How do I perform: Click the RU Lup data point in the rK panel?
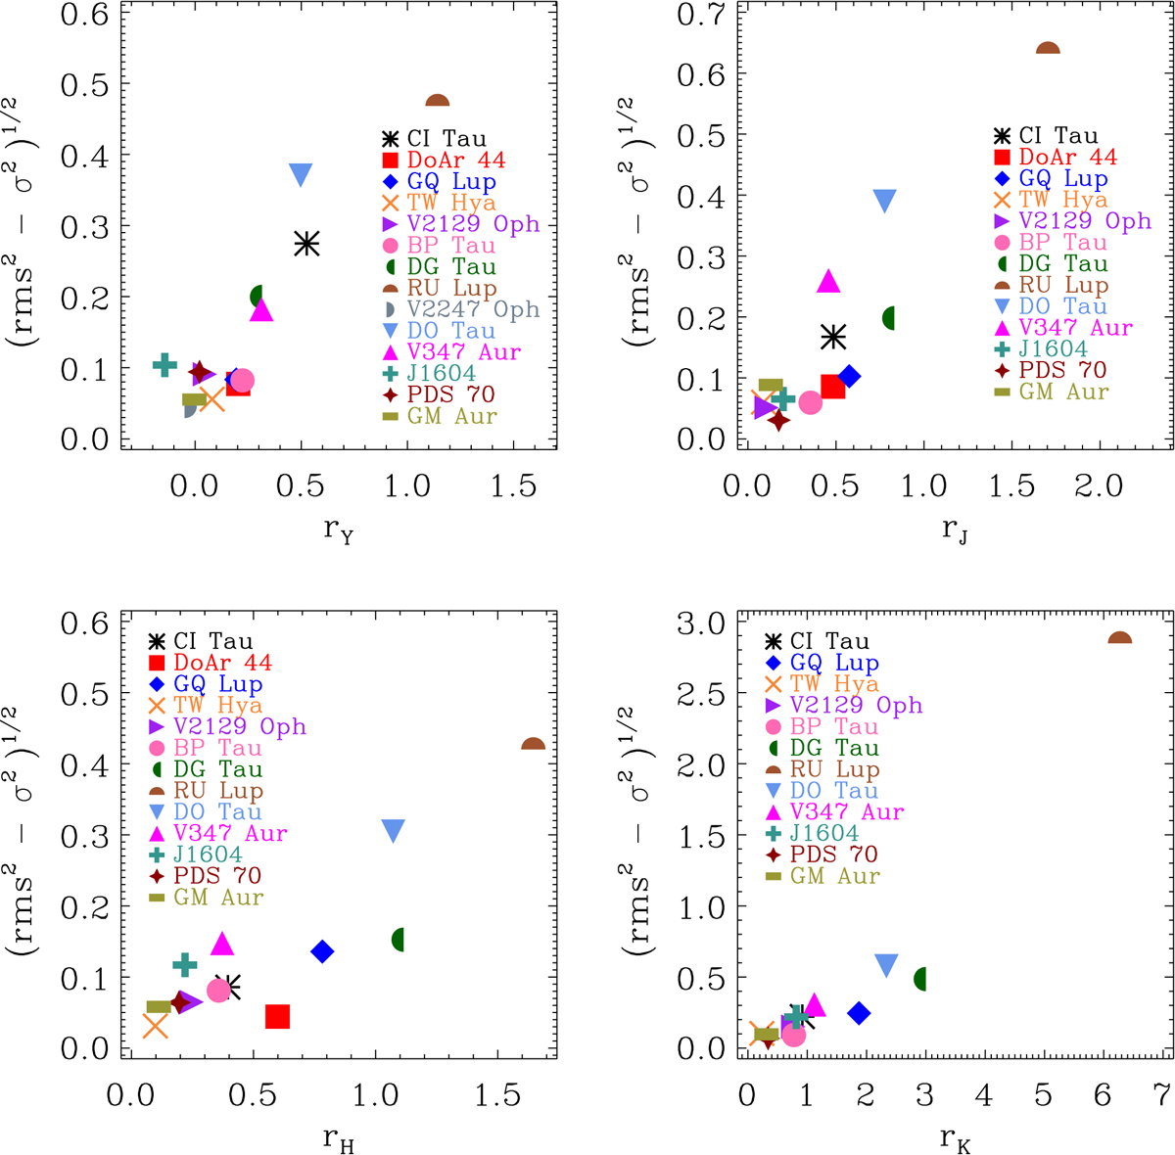[1119, 639]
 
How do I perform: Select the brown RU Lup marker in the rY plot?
[437, 102]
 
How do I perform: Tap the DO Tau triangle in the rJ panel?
[884, 201]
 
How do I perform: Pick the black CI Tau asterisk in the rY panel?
[307, 245]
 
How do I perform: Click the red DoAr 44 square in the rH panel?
[277, 1017]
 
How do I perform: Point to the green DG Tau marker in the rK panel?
[921, 979]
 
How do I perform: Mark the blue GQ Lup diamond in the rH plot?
[322, 951]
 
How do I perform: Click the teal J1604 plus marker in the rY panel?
[164, 365]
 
